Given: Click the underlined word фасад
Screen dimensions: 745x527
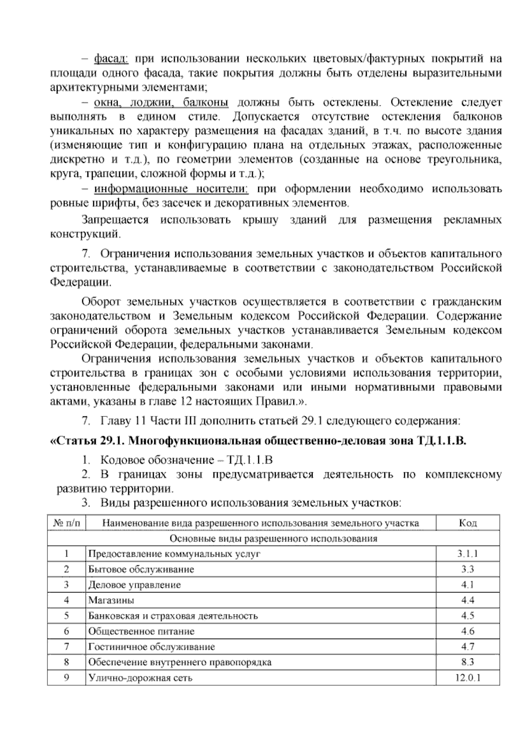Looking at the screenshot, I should (x=111, y=58).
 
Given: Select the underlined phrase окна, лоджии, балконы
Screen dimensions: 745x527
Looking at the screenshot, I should (x=161, y=102).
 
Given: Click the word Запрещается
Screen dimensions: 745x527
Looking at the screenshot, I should (x=115, y=220).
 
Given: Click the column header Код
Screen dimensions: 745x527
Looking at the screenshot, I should (x=468, y=523).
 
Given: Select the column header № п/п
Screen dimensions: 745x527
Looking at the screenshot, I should (x=66, y=523).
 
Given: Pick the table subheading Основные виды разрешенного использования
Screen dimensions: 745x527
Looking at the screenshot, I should (x=273, y=538).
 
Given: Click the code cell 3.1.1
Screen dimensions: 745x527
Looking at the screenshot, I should (x=467, y=553).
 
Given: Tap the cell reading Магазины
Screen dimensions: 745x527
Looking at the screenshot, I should (x=111, y=600).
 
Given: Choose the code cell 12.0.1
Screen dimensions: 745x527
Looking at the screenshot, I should (x=467, y=677).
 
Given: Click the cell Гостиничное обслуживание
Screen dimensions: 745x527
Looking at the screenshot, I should (x=152, y=647).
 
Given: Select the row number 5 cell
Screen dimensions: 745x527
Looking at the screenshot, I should (x=66, y=615).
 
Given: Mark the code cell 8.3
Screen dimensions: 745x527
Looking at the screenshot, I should (x=467, y=662).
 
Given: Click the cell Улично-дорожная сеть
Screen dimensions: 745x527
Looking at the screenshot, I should (x=140, y=677).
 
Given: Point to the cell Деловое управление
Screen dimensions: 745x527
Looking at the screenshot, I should (x=134, y=585).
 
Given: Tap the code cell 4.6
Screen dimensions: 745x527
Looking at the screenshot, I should (x=467, y=631).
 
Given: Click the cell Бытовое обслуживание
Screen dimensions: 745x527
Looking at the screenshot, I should (x=141, y=569).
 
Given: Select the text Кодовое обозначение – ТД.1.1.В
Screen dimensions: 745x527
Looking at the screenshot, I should (x=187, y=460).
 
